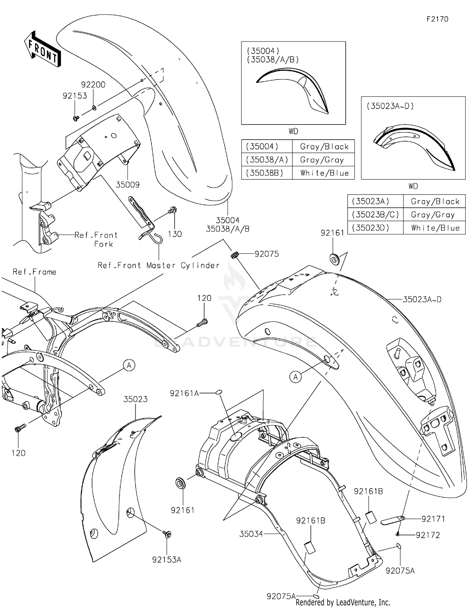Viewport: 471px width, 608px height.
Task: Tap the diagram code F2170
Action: coord(437,19)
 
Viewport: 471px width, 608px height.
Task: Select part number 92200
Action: coord(93,85)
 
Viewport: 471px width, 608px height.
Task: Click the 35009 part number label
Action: coord(127,185)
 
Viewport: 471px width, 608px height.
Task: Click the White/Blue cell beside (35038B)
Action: coord(324,173)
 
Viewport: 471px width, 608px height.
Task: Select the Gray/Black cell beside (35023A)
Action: coord(435,201)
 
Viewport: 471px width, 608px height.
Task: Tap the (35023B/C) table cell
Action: coord(375,215)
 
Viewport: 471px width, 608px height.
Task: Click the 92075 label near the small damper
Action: coord(267,254)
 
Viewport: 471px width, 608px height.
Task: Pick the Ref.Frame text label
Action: coord(35,272)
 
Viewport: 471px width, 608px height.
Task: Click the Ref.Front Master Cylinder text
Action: coord(159,265)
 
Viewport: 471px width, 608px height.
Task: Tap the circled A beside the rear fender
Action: coord(295,377)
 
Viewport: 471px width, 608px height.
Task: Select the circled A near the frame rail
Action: coord(129,365)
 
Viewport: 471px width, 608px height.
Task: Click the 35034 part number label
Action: coord(251,534)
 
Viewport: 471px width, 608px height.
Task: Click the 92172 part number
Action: coord(428,535)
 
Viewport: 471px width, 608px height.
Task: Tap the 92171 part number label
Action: coord(433,519)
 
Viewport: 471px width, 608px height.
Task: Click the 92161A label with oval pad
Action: coord(184,393)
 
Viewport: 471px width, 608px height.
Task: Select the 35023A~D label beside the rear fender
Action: coord(422,299)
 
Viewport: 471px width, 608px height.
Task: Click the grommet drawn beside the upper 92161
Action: coord(335,259)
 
